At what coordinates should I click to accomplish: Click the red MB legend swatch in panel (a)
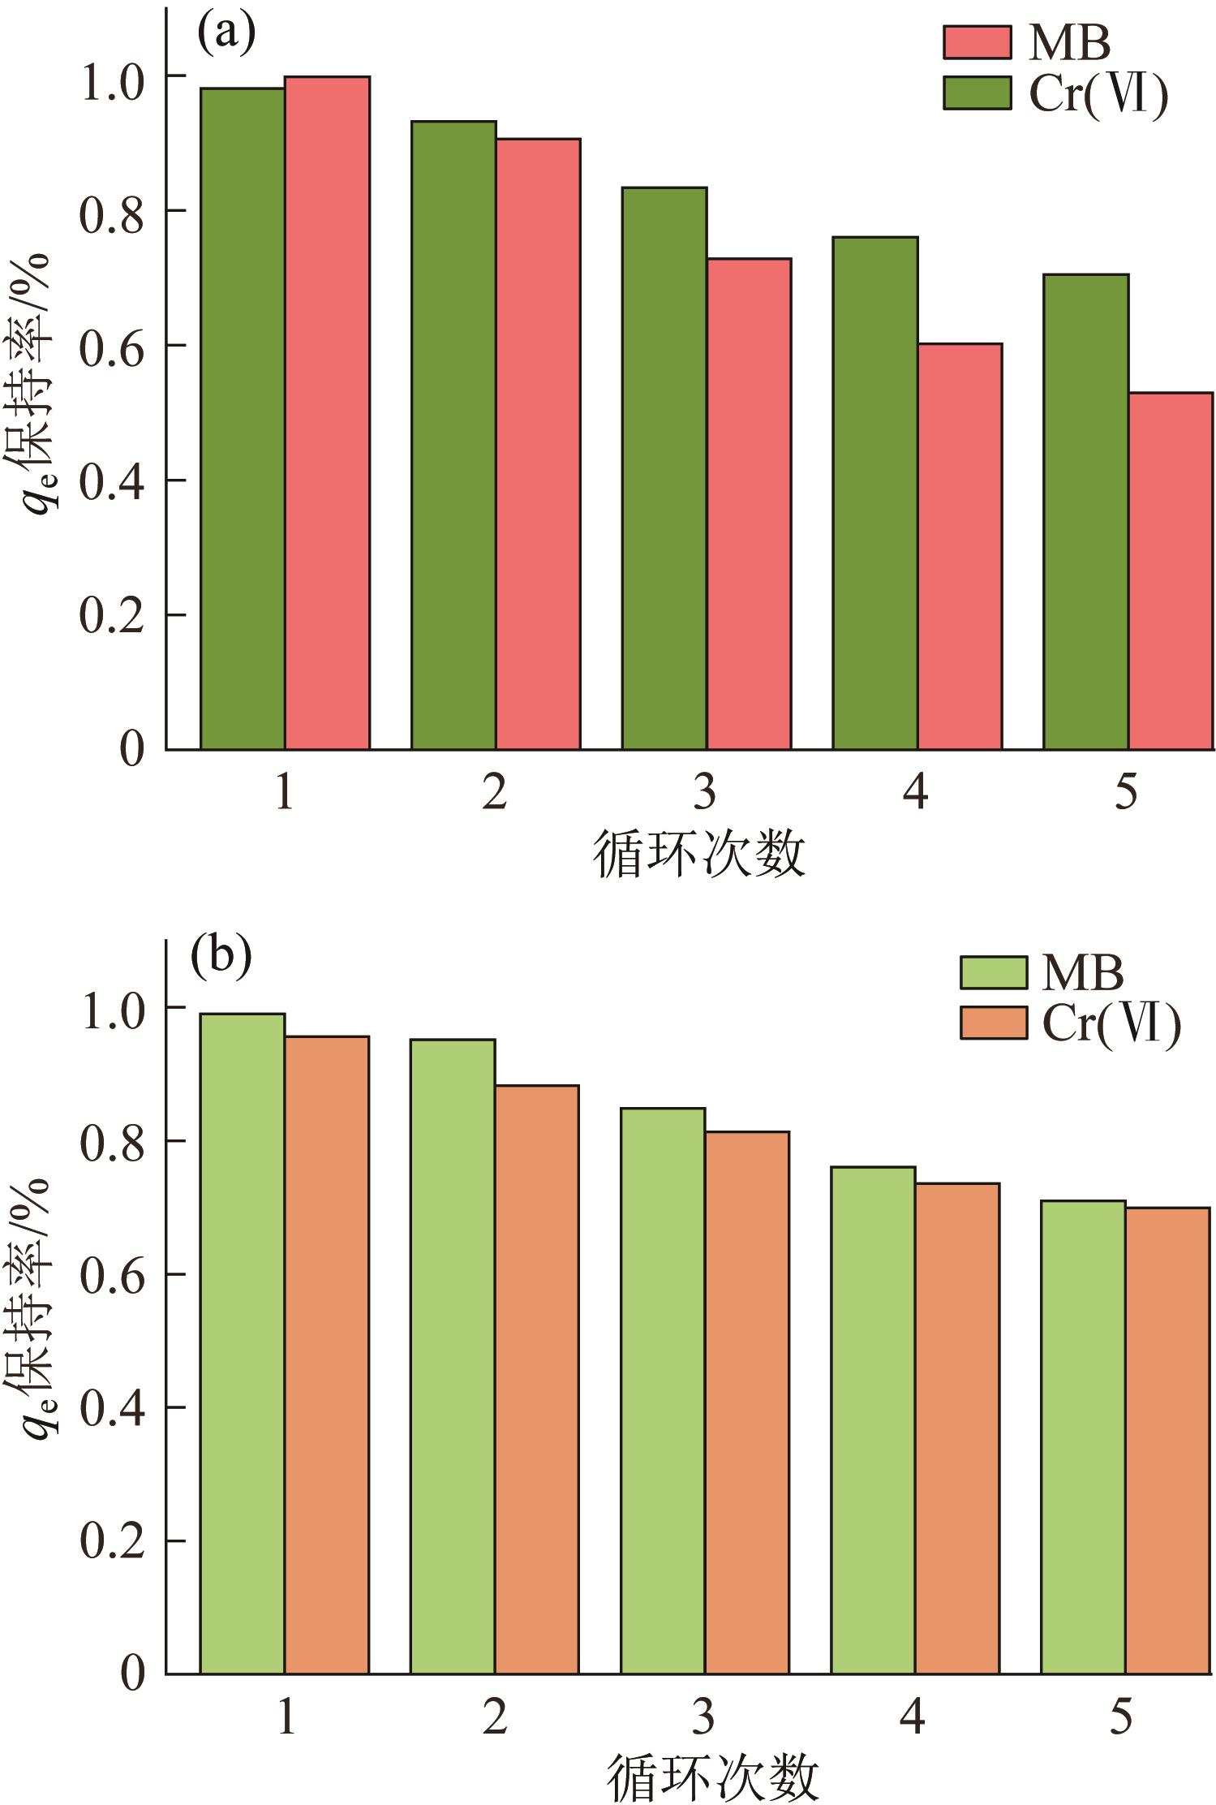click(x=977, y=42)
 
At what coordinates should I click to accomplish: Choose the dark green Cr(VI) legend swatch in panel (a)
click(x=977, y=93)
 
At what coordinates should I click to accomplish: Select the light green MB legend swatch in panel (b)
click(x=994, y=971)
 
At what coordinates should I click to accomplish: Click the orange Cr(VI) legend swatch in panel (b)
click(x=994, y=1022)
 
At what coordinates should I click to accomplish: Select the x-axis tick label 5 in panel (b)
click(x=1122, y=1717)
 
